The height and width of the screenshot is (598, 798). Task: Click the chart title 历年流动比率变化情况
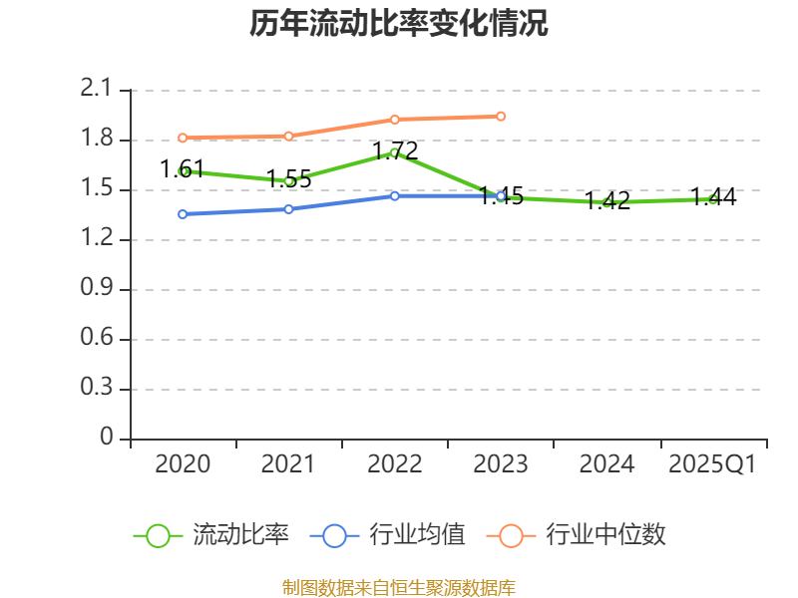[x=399, y=24]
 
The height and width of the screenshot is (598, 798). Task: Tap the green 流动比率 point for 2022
[x=395, y=152]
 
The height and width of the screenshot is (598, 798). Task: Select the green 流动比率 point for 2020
[x=183, y=171]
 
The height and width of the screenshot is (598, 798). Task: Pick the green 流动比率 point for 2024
[x=606, y=202]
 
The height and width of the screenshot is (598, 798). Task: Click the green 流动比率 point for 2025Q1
[x=713, y=199]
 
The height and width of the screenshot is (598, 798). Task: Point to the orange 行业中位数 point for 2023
[x=501, y=117]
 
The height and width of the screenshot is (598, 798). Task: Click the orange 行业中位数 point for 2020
[x=183, y=138]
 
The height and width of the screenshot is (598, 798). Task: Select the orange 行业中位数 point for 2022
[x=395, y=120]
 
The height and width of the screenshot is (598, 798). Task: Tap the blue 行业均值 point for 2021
[x=289, y=209]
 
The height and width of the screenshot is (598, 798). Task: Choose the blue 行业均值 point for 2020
[x=183, y=214]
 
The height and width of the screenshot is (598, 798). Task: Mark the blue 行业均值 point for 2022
[x=395, y=196]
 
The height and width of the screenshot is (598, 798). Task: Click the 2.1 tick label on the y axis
[x=98, y=91]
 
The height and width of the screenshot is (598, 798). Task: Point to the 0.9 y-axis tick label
[x=98, y=290]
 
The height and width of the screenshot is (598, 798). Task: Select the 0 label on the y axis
[x=109, y=440]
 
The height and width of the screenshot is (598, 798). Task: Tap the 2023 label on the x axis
[x=501, y=464]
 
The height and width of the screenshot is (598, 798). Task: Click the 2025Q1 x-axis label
[x=713, y=464]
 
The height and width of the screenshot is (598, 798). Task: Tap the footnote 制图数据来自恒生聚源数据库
[x=399, y=587]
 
